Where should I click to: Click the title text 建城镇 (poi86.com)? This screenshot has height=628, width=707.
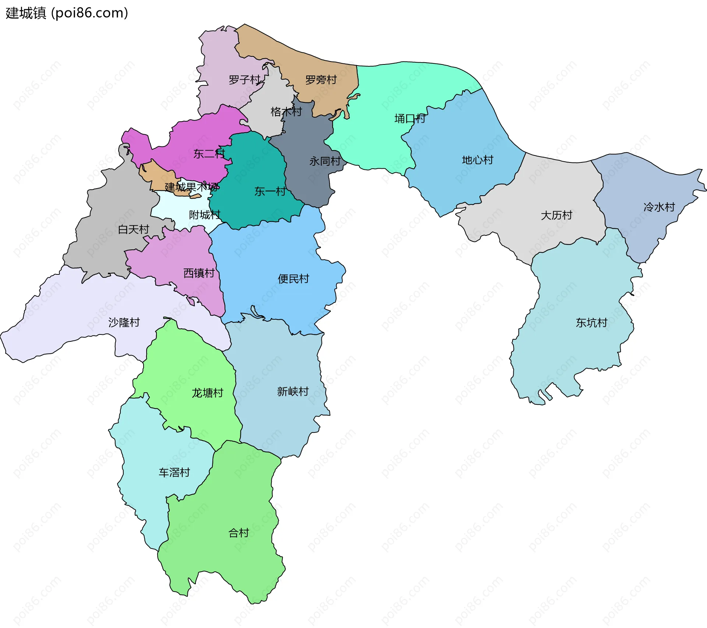[x=67, y=13]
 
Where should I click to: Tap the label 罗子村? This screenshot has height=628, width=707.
[x=245, y=80]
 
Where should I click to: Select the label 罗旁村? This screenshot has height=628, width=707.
[x=321, y=80]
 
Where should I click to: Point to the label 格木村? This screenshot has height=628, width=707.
[x=286, y=112]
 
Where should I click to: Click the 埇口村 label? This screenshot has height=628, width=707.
[x=410, y=119]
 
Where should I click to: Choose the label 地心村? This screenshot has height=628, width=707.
[x=478, y=160]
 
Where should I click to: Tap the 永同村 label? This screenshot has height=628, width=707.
[x=325, y=161]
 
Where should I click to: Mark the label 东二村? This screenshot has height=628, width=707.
[x=209, y=154]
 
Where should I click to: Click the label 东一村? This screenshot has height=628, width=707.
[x=270, y=192]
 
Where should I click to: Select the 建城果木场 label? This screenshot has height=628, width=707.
[x=191, y=187]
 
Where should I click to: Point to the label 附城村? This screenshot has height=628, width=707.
[x=205, y=215]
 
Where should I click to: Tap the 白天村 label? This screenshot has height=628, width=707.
[x=133, y=229]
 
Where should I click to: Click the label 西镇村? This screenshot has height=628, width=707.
[x=199, y=273]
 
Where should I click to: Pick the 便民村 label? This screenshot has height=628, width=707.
[x=293, y=279]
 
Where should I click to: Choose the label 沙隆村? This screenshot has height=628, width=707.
[x=124, y=322]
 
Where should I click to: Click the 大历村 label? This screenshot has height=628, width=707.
[x=556, y=215]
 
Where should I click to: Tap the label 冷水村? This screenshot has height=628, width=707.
[x=659, y=207]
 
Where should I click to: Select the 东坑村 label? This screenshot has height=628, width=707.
[x=591, y=323]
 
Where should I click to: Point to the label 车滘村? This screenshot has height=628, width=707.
[x=174, y=472]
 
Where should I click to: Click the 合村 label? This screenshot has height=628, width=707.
[x=239, y=533]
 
